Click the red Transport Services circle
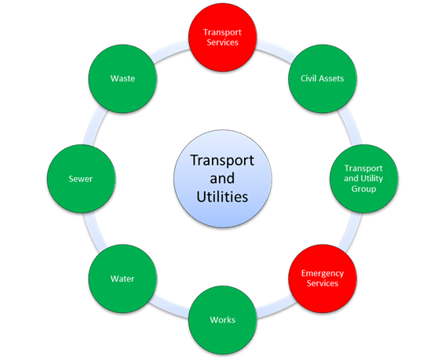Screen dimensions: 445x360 click(223, 37)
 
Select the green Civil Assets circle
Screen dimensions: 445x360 click(323, 78)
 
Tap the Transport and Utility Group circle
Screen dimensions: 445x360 click(364, 179)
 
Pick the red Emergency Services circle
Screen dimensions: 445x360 click(323, 278)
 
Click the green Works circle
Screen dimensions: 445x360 click(223, 320)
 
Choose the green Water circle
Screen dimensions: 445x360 click(122, 278)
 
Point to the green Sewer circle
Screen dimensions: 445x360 click(81, 179)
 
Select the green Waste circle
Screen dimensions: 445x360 click(122, 78)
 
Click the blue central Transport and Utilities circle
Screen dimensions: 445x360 click(223, 179)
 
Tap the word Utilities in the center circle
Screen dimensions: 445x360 click(222, 197)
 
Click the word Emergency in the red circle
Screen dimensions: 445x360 click(323, 274)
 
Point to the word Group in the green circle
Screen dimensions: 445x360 click(364, 189)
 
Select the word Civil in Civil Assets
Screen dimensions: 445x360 click(307, 78)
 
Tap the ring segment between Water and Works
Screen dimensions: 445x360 click(170, 307)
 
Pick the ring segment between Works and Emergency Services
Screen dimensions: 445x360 click(276, 307)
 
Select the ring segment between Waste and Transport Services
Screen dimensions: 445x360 click(170, 50)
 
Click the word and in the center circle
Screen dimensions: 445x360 click(222, 179)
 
